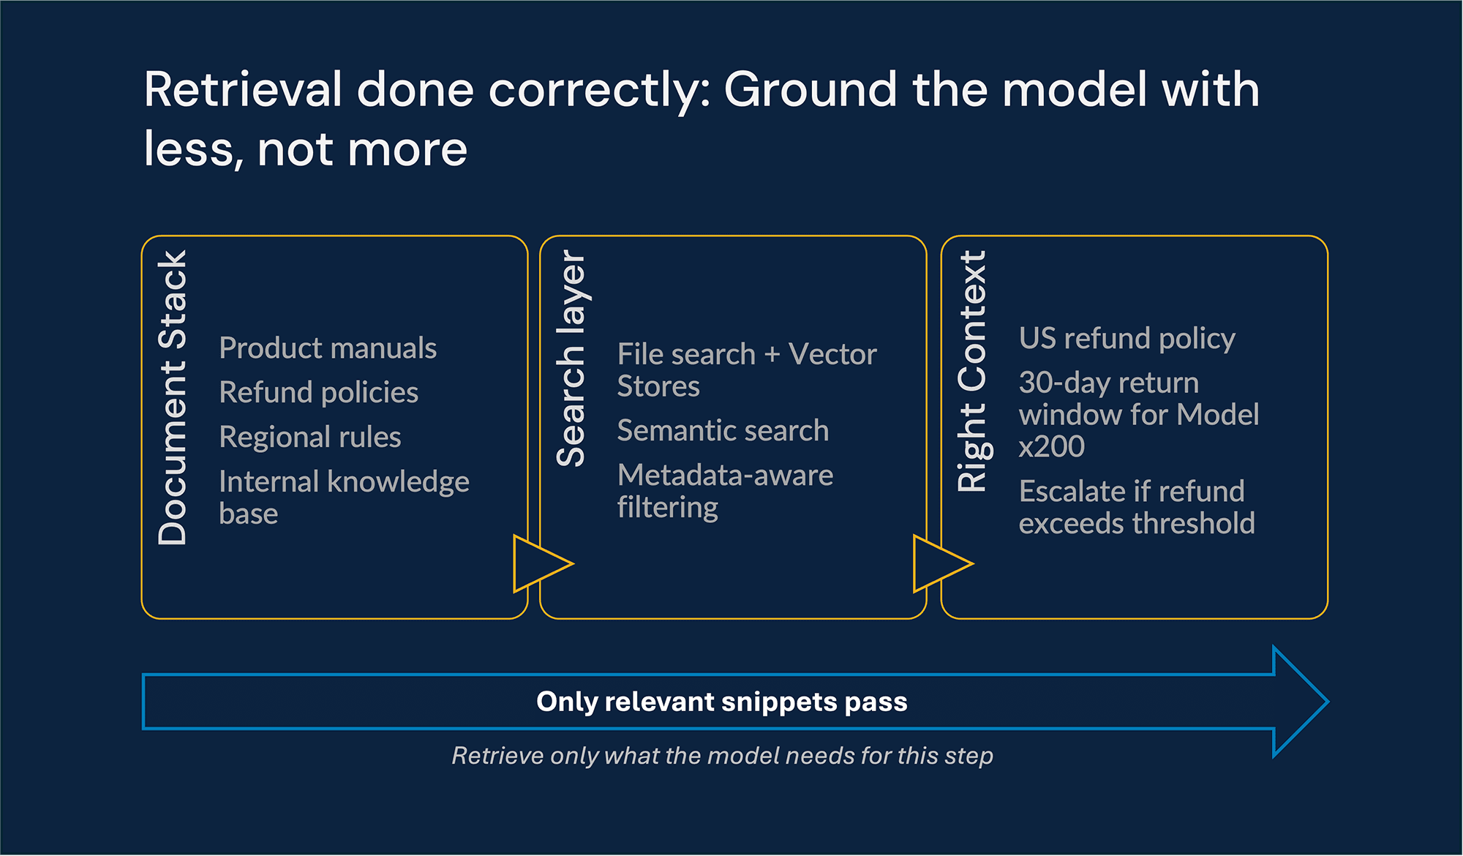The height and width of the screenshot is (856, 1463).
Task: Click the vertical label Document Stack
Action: pyautogui.click(x=173, y=398)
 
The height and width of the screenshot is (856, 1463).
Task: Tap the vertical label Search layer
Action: pyautogui.click(x=571, y=358)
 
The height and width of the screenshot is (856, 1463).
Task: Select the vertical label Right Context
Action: pyautogui.click(x=973, y=371)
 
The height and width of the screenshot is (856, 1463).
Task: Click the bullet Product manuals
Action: pyautogui.click(x=328, y=348)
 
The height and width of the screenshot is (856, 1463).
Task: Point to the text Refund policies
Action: pyautogui.click(x=319, y=393)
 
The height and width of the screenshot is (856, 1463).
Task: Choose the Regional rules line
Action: pyautogui.click(x=310, y=438)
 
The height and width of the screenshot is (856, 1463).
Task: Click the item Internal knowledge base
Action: pyautogui.click(x=344, y=497)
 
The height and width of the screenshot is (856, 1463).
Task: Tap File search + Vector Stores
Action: pyautogui.click(x=746, y=370)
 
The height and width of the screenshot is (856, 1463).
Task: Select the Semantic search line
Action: pyautogui.click(x=723, y=431)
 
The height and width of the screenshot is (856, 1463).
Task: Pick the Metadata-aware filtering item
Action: pyautogui.click(x=724, y=491)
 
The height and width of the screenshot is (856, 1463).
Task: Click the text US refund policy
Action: pyautogui.click(x=1127, y=339)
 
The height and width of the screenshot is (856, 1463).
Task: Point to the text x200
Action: pyautogui.click(x=1051, y=447)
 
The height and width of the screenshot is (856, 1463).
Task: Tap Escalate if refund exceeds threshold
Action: pyautogui.click(x=1136, y=507)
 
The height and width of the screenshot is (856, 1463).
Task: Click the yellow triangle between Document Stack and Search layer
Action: pyautogui.click(x=539, y=563)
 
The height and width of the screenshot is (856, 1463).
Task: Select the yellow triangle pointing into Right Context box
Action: pyautogui.click(x=939, y=563)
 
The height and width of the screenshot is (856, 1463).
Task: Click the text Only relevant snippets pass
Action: pyautogui.click(x=721, y=702)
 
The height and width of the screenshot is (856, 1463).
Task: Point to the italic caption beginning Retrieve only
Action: pyautogui.click(x=722, y=756)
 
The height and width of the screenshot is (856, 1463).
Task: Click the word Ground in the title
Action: pyautogui.click(x=810, y=90)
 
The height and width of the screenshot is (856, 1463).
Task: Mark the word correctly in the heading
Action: pyautogui.click(x=598, y=90)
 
